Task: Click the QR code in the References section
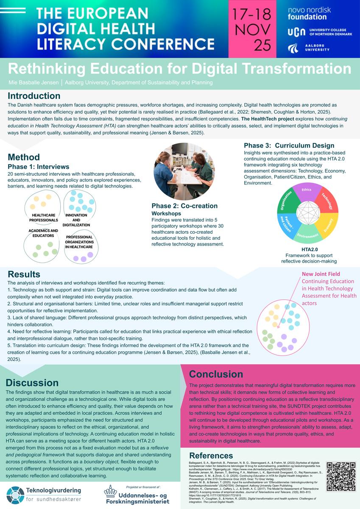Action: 340,476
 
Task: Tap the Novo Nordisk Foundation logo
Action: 309,14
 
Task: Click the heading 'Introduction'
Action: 34,95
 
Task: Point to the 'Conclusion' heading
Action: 216,374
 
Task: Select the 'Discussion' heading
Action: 33,383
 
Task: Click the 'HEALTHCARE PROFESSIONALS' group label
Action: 43,218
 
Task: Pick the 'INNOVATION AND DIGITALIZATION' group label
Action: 76,220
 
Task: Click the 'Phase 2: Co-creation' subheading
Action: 184,206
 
